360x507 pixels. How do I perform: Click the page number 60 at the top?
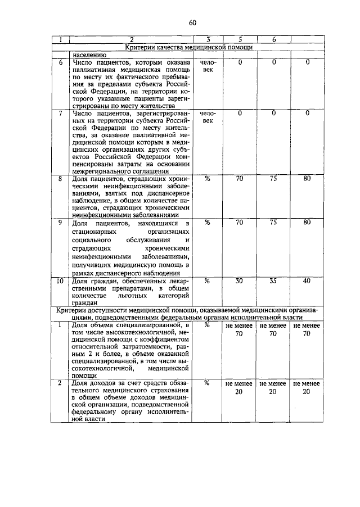tap(192, 22)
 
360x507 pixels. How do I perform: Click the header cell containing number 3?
tap(208, 39)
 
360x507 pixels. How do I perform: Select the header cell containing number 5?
tap(240, 39)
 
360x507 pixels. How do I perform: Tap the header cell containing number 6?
tap(274, 39)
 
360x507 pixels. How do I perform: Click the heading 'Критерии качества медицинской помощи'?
tap(188, 47)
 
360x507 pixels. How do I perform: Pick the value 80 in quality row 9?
tap(307, 223)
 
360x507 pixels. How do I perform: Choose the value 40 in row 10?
tap(307, 280)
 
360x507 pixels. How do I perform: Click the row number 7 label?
tap(61, 114)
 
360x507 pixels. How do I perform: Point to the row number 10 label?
tap(61, 280)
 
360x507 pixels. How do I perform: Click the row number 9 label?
tap(61, 223)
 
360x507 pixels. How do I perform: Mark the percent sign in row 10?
tap(208, 280)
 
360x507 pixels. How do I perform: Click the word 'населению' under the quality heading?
tap(89, 55)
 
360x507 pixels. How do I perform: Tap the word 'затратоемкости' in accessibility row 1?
tap(129, 347)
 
